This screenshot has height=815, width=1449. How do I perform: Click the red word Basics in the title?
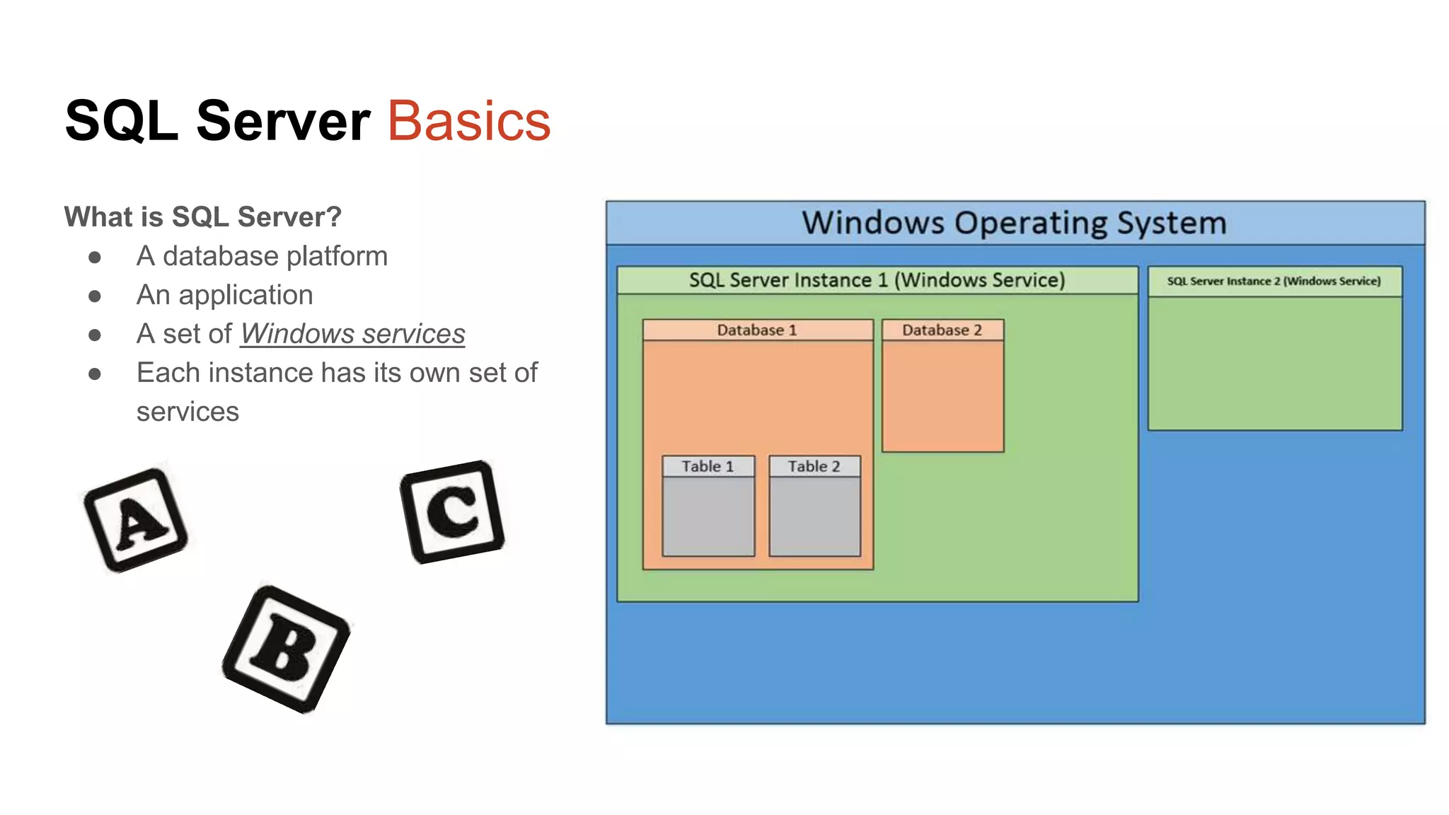coord(468,121)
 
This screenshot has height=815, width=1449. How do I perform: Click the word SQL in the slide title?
coord(121,121)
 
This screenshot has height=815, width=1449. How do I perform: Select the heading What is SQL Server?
coord(202,216)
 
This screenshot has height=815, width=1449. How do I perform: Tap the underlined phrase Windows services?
coord(352,333)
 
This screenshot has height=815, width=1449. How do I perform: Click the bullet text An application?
coord(224,294)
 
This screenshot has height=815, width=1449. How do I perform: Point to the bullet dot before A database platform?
coord(95,257)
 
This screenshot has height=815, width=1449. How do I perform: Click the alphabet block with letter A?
coord(136,520)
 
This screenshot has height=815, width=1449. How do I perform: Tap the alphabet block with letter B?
coord(286,649)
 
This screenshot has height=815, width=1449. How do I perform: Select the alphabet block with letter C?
coord(452,511)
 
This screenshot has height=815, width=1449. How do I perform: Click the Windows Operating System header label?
coord(1014,223)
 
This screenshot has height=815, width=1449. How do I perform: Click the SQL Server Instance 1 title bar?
coord(877,280)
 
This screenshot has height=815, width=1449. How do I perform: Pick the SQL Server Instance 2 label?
coord(1274,281)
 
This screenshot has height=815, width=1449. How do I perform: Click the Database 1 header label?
coord(756,330)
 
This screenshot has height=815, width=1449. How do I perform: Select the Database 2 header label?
coord(942,330)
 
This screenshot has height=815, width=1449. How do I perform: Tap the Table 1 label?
coord(708,466)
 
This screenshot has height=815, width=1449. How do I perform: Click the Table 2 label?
coord(814,466)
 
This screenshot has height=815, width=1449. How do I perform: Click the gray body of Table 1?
coord(708,516)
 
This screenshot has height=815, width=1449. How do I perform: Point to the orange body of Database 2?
coord(942,396)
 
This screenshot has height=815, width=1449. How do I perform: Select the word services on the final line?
coord(187,412)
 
